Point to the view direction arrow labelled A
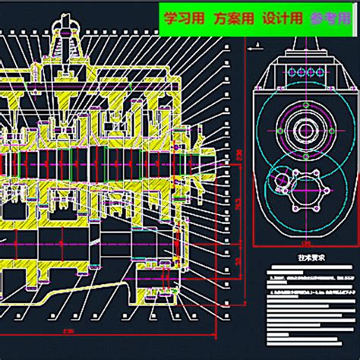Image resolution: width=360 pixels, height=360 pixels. tap(257, 46)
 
